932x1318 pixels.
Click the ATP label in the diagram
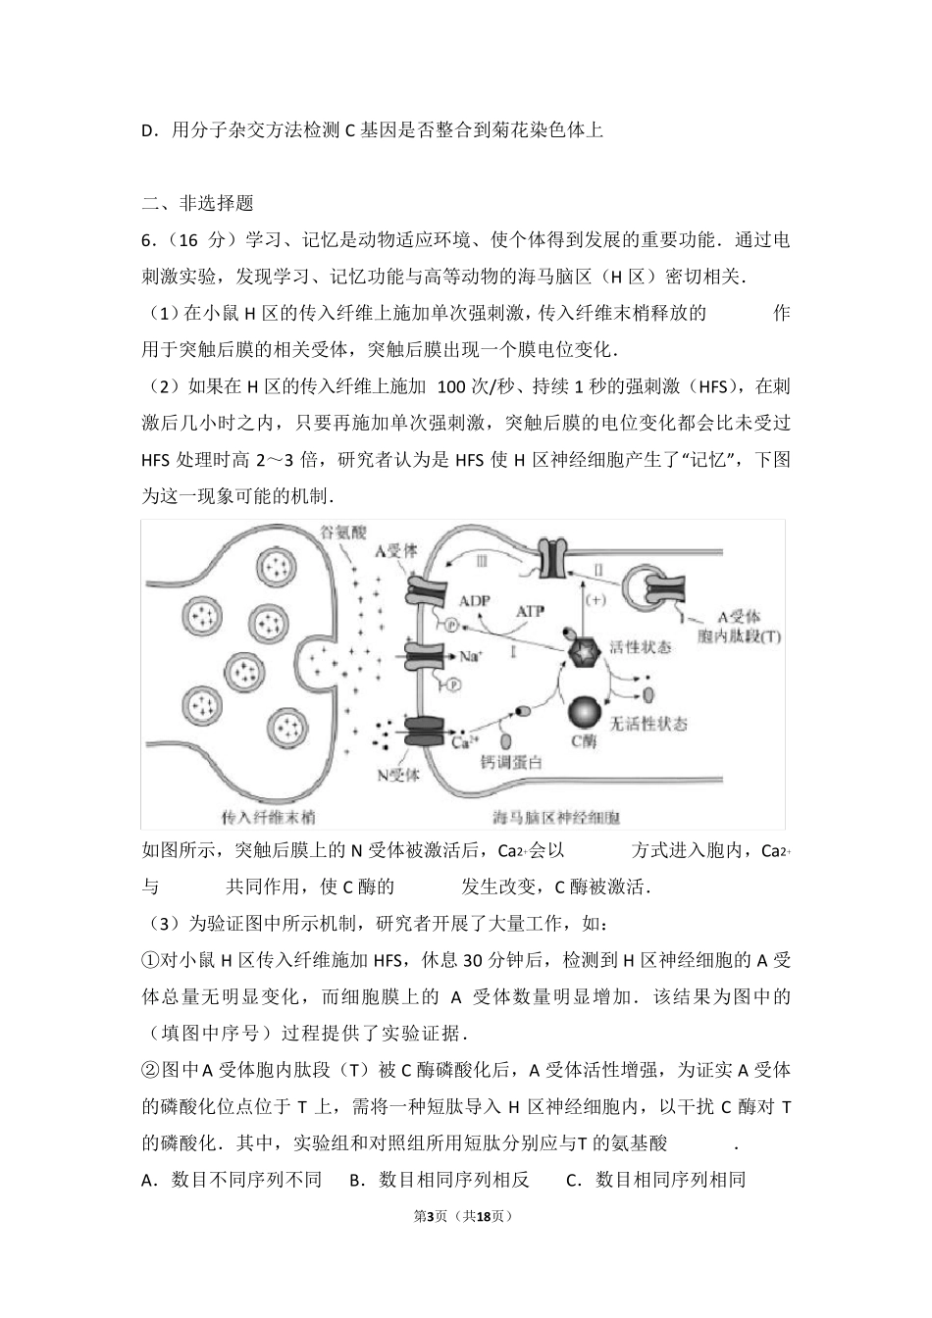tap(530, 610)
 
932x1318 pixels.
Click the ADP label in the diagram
tap(475, 601)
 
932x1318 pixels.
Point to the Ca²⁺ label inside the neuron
tap(465, 741)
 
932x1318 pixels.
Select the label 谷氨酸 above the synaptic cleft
tap(342, 532)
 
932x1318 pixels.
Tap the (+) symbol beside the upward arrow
tap(595, 597)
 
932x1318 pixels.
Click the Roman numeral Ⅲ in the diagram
tap(481, 560)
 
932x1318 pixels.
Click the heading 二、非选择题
tap(198, 203)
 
